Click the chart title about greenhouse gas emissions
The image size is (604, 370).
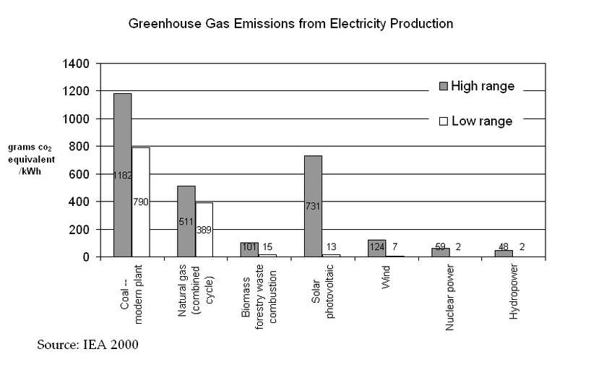[x=290, y=24]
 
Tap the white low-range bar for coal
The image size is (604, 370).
[x=140, y=202]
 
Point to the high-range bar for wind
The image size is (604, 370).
[x=376, y=248]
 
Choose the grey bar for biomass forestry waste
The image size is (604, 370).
[x=249, y=249]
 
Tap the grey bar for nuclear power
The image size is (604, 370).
[x=440, y=252]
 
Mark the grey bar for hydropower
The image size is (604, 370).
[x=504, y=253]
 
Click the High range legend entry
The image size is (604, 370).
[x=476, y=87]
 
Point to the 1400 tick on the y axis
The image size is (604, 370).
[x=76, y=64]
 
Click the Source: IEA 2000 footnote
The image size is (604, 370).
[x=87, y=344]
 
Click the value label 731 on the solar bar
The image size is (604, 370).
[x=312, y=206]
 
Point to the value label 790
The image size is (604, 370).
[x=140, y=202]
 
